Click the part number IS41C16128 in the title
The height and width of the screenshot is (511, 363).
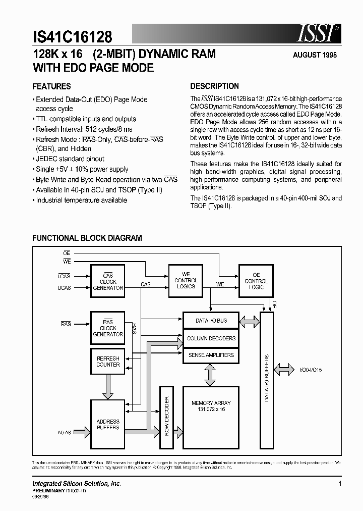tap(72, 36)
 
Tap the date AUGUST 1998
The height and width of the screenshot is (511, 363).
tap(315, 55)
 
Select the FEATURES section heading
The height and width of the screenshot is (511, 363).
tap(51, 86)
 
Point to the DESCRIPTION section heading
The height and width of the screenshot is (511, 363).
tap(214, 86)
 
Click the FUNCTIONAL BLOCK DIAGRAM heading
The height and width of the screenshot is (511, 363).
tap(87, 238)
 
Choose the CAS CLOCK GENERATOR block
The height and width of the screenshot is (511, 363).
tap(108, 282)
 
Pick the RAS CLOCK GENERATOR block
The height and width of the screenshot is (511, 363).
tap(108, 328)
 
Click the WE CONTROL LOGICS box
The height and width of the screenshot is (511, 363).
tap(186, 280)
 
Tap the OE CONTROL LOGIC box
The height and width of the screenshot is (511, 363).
tap(256, 281)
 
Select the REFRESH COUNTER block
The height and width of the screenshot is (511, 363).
tap(108, 362)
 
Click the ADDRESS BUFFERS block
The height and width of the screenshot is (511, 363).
tap(108, 424)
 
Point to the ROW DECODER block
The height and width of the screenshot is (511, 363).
tap(167, 417)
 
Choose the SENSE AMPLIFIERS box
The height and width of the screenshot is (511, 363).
tap(211, 355)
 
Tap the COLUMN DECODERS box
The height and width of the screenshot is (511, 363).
tap(211, 338)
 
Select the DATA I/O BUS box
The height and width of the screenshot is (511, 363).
tap(211, 321)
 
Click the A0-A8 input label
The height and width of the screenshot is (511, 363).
tap(65, 432)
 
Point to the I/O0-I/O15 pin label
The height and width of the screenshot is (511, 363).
tap(310, 370)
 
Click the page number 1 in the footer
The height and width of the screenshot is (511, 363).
tap(340, 484)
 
